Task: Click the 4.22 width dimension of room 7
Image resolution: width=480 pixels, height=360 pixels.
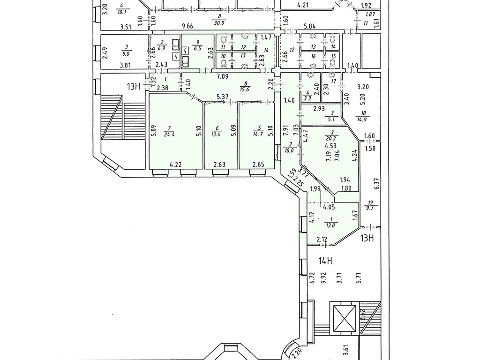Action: [x=175, y=165]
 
